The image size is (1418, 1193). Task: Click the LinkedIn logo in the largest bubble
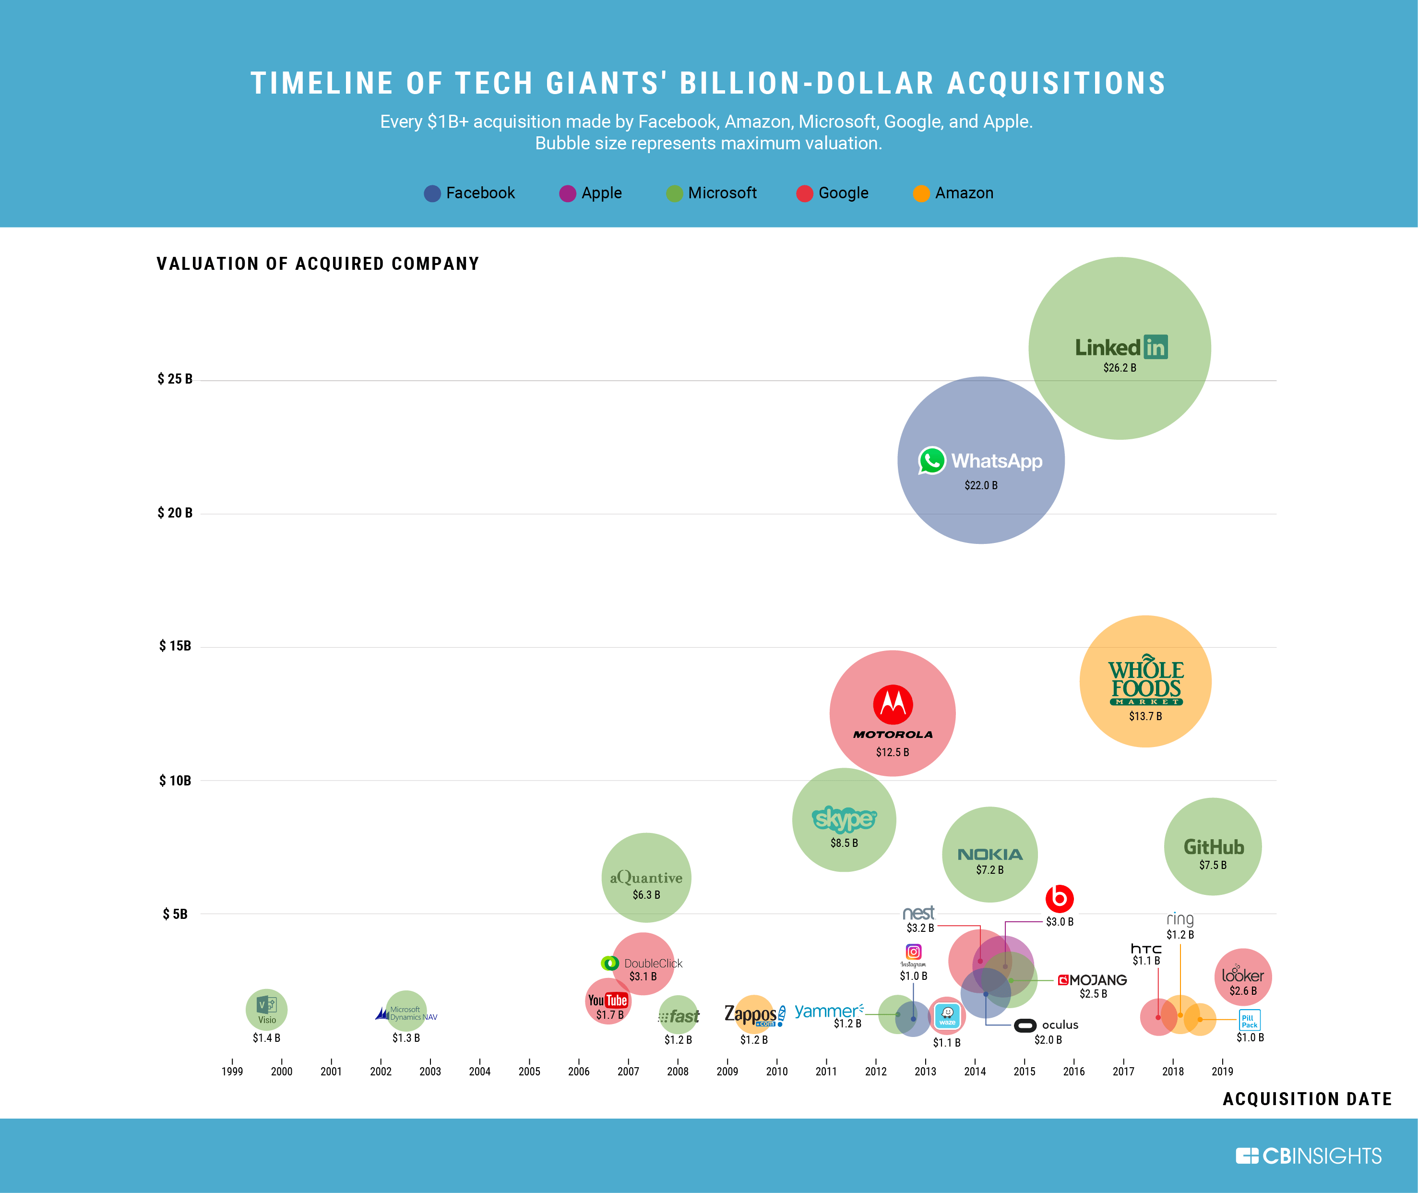(x=1120, y=347)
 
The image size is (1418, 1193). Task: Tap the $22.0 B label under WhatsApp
(x=981, y=485)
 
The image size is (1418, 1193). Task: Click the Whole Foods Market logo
(x=1145, y=680)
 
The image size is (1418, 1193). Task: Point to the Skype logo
(x=844, y=819)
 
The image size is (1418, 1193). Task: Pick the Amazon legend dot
(x=921, y=193)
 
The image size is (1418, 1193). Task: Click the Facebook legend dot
(x=432, y=193)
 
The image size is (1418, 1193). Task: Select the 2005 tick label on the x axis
(x=529, y=1071)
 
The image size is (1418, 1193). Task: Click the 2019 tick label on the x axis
(x=1222, y=1071)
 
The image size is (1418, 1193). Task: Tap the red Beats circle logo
(x=1059, y=898)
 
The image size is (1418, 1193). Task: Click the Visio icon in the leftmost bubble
(x=266, y=1005)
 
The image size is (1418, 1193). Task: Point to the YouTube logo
(x=607, y=1000)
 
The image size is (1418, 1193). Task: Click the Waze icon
(x=947, y=1014)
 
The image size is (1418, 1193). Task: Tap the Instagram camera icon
(x=913, y=952)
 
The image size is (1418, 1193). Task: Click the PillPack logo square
(x=1249, y=1020)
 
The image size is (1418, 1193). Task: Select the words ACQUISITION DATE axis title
(x=1307, y=1099)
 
